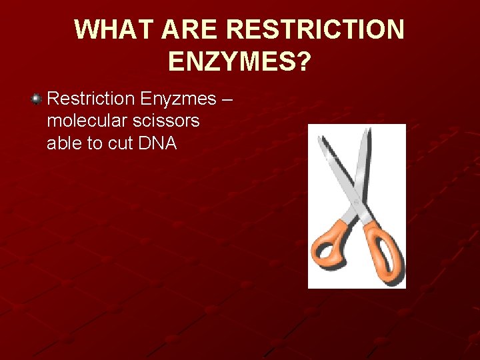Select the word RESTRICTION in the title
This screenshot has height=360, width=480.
pyautogui.click(x=315, y=30)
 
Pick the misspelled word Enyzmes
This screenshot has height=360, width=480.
pyautogui.click(x=179, y=99)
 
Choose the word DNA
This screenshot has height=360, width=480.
pyautogui.click(x=159, y=143)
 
